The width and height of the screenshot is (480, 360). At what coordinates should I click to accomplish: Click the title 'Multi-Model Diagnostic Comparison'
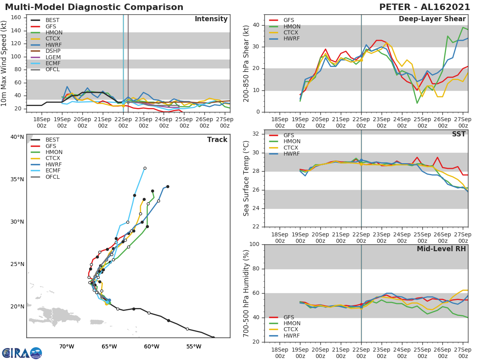click(94, 7)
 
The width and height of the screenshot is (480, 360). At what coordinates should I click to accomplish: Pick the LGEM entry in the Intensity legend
click(53, 58)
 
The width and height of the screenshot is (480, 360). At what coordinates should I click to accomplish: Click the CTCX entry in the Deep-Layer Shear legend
click(292, 32)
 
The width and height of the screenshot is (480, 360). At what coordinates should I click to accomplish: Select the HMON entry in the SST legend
click(292, 142)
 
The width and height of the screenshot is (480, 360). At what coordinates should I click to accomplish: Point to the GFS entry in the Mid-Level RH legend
click(290, 317)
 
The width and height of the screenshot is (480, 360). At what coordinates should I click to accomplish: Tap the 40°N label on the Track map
click(17, 137)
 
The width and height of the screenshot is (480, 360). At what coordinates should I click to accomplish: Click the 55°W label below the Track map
click(194, 346)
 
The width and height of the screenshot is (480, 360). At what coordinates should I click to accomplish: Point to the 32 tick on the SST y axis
click(256, 134)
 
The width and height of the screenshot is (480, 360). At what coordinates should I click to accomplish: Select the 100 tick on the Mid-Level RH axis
click(254, 244)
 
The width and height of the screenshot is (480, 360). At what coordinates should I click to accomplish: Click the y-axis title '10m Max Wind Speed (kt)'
click(4, 63)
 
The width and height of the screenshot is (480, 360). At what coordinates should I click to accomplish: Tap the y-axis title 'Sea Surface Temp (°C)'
click(247, 178)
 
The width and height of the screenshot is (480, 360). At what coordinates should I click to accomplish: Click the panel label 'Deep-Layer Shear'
click(432, 19)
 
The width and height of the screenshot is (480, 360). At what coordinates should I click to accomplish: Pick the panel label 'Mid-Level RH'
click(441, 249)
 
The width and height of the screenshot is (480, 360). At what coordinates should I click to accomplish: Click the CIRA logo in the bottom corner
click(22, 353)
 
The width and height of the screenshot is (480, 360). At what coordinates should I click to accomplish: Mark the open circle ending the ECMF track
click(145, 168)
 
